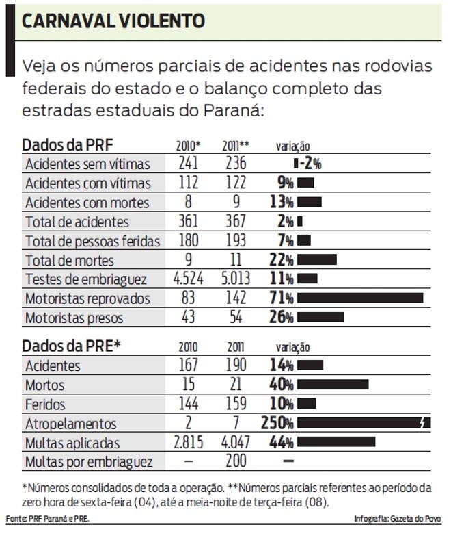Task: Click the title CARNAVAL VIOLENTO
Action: tap(113, 21)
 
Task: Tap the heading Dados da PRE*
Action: tap(72, 346)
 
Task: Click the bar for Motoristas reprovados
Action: tap(360, 298)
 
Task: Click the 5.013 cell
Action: tap(235, 279)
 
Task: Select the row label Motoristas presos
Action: tap(74, 318)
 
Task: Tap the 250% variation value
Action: tap(277, 424)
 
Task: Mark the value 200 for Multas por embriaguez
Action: tap(235, 461)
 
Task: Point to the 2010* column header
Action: tap(188, 146)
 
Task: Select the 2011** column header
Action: tap(235, 146)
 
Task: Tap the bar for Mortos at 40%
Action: tap(333, 385)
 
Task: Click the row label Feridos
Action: tap(45, 404)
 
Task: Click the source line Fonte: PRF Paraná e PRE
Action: tap(48, 519)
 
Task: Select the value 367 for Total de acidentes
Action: tap(235, 222)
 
